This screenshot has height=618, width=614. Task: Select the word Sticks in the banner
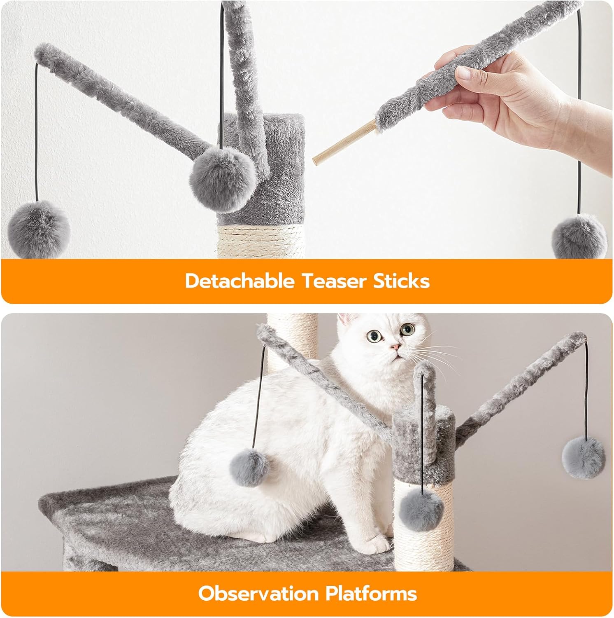[x=401, y=281]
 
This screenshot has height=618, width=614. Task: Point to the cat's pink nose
[x=395, y=347]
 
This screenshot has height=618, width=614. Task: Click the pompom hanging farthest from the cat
[x=583, y=457]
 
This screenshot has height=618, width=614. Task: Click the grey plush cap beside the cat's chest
[x=424, y=443]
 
